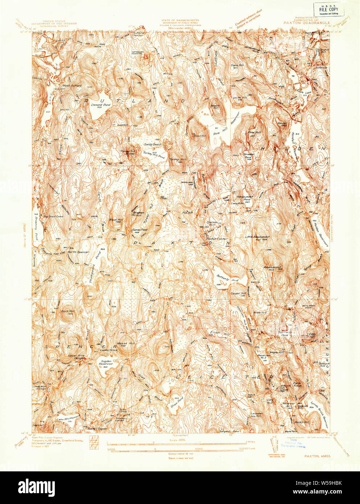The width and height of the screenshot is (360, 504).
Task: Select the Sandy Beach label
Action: (x=152, y=144)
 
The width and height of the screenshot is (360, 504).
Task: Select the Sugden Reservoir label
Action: (x=106, y=362)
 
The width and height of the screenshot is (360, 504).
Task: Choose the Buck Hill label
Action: (x=67, y=311)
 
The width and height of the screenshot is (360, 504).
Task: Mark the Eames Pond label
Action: (x=139, y=230)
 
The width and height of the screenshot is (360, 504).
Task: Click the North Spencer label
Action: (x=78, y=252)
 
